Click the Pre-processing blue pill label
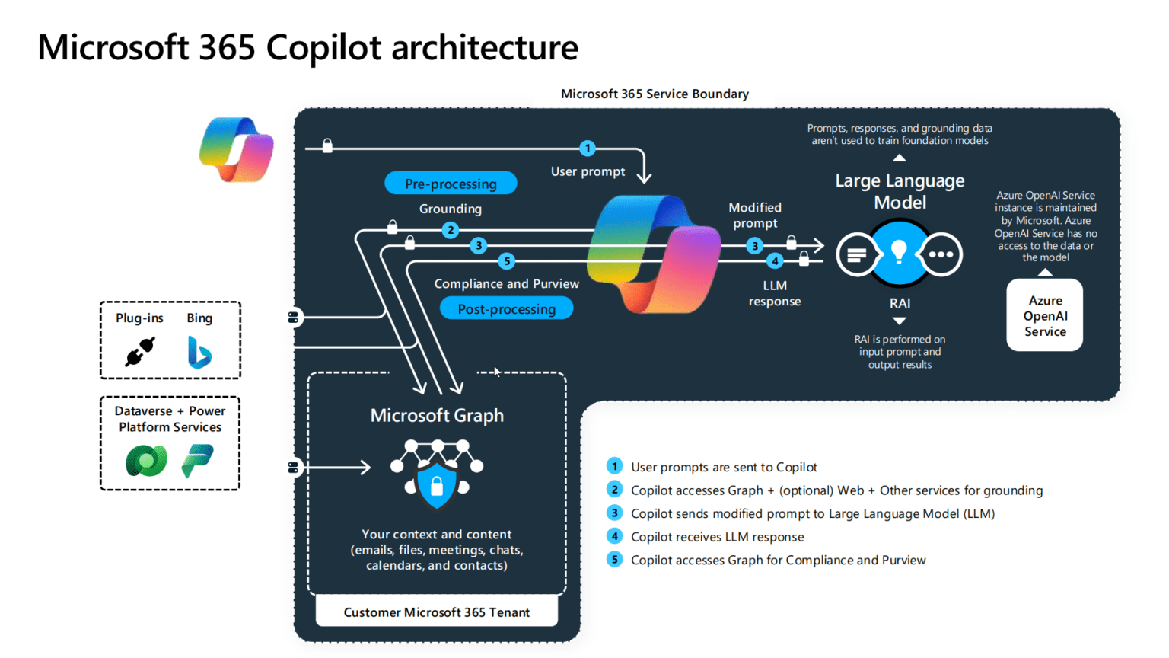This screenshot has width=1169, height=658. (451, 184)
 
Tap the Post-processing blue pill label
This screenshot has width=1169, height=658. (506, 308)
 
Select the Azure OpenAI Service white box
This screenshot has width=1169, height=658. (1044, 315)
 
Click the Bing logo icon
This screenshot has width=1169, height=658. (199, 352)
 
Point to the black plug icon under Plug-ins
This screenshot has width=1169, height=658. (140, 352)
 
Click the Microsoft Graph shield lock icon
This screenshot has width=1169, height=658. (437, 484)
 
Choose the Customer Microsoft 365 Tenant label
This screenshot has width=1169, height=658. (436, 612)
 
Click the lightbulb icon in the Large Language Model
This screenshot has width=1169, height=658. (899, 252)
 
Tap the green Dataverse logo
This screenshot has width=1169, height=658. (146, 461)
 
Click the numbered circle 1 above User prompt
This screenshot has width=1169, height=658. (587, 148)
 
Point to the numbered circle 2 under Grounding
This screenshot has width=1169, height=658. (451, 229)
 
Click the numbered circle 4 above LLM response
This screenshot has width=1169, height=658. (775, 261)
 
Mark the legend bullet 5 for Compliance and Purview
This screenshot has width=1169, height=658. (614, 560)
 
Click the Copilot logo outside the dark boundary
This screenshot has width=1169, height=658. (237, 149)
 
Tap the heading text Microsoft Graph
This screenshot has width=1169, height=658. (437, 415)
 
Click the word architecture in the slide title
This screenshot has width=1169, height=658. (485, 47)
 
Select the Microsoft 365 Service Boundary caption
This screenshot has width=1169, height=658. (655, 94)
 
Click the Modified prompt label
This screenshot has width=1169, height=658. (754, 215)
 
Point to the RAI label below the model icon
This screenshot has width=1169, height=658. (900, 303)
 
